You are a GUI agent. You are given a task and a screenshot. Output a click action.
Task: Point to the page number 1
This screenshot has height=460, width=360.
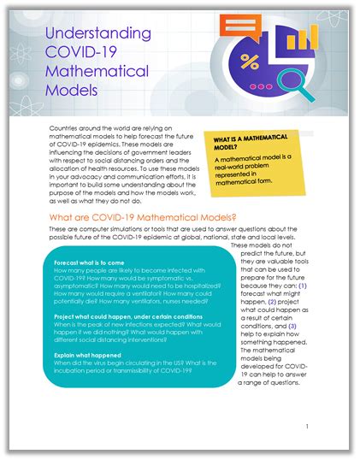(x=306, y=425)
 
